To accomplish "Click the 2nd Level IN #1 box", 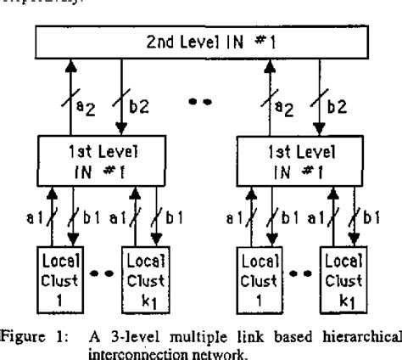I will pyautogui.click(x=202, y=41).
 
